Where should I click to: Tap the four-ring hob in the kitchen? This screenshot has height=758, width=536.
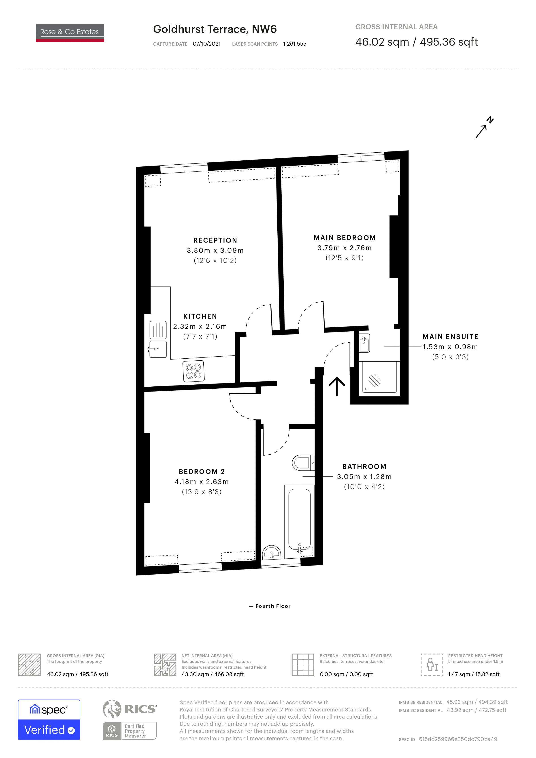coord(194,371)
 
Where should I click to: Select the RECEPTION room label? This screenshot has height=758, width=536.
coord(215,240)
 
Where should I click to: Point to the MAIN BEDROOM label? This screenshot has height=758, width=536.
coord(345,238)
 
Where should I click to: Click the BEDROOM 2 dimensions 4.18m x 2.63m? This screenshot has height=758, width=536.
coord(202,482)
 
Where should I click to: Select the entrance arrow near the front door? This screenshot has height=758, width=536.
coord(337,386)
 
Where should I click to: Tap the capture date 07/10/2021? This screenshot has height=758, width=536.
coord(207,44)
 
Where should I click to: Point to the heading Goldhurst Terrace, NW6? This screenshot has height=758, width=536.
coord(215,29)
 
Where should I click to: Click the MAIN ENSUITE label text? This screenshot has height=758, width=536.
coord(451,337)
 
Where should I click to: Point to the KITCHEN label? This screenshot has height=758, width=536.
coord(200,316)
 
